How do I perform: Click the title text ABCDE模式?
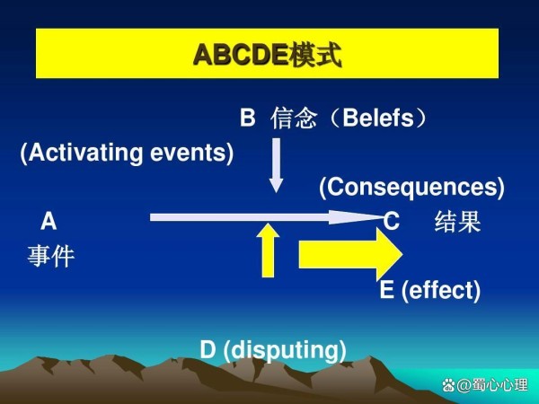click(267, 54)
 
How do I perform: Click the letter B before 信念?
click(248, 118)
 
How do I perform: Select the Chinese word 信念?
click(293, 118)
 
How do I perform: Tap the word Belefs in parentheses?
click(378, 118)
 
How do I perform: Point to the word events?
click(189, 154)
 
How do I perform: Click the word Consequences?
click(411, 187)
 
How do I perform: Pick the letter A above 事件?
click(49, 221)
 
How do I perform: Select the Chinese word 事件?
click(51, 256)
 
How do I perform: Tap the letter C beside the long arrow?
click(391, 221)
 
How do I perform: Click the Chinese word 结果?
click(457, 222)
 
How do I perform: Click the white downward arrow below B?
click(276, 165)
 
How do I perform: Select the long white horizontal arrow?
click(267, 217)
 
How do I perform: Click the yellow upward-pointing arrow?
click(268, 250)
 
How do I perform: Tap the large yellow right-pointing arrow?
click(350, 254)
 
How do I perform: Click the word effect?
click(441, 290)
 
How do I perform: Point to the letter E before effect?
click(386, 290)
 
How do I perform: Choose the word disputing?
click(285, 350)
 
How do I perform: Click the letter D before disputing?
click(208, 349)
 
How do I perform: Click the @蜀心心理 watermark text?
click(492, 385)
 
